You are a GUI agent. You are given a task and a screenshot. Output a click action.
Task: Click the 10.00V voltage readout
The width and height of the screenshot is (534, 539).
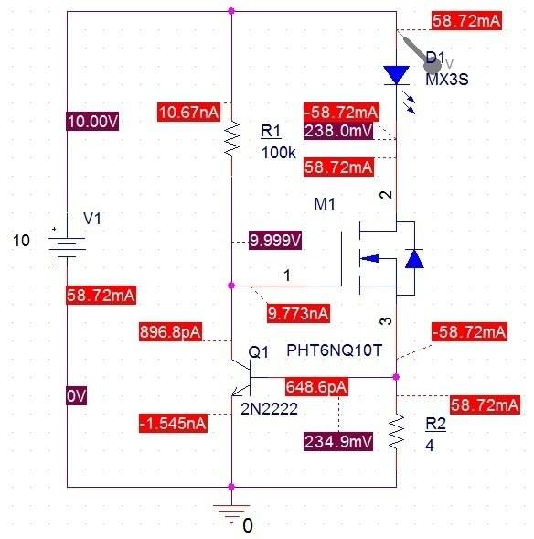[x=92, y=122]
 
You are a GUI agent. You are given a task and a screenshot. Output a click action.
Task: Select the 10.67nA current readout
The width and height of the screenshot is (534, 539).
[x=189, y=112]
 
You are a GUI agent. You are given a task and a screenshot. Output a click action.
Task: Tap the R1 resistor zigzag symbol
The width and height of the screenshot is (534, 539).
[x=232, y=138]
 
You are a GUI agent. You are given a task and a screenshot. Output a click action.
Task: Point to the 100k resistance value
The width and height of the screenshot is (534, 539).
[x=279, y=153]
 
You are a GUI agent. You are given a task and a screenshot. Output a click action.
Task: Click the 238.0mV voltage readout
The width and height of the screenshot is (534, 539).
[x=338, y=131]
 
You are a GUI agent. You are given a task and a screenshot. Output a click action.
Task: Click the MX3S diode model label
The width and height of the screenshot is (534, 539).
[x=447, y=80]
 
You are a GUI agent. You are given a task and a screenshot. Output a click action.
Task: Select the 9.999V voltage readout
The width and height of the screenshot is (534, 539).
[x=275, y=240]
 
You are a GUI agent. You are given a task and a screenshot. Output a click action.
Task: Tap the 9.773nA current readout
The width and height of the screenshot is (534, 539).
[x=298, y=314]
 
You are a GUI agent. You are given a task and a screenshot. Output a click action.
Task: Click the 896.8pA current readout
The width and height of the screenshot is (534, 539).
[x=170, y=331]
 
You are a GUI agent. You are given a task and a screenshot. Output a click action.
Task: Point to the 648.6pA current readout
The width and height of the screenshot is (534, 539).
[x=316, y=387]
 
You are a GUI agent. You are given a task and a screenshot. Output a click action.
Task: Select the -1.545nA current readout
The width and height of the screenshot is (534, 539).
[x=173, y=423]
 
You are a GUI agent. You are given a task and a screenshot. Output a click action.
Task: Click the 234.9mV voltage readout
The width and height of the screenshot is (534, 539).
[x=338, y=441]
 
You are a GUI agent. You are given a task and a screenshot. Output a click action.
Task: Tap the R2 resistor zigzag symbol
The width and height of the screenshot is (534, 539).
[x=397, y=432]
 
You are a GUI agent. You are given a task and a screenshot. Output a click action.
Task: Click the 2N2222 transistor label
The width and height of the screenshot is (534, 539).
[x=269, y=409]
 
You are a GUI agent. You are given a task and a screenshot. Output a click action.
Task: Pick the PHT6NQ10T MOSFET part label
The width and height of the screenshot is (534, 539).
[x=334, y=350]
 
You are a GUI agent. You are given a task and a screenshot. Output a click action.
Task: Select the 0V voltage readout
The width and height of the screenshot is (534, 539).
[x=76, y=395]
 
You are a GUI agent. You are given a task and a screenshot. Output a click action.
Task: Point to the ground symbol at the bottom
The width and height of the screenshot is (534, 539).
[x=231, y=512]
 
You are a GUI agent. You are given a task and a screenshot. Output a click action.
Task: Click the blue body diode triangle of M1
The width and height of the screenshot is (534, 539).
[x=414, y=258]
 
